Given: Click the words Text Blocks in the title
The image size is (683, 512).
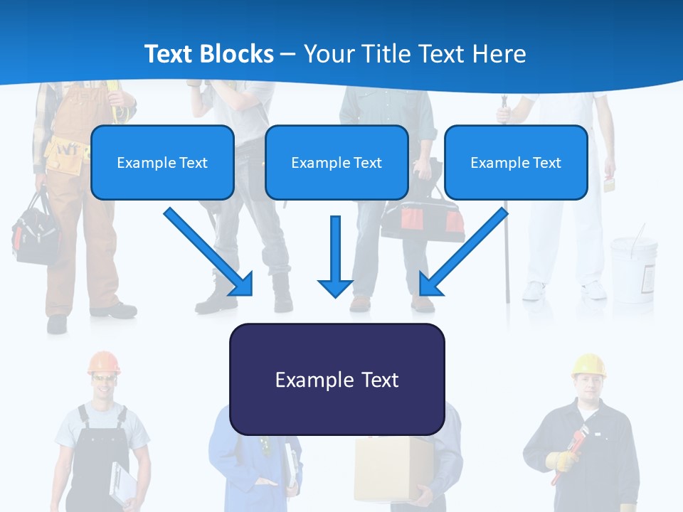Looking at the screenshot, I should (208, 54).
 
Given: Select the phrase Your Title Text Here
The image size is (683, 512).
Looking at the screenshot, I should (415, 54).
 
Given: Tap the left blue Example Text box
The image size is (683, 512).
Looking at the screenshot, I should (162, 163).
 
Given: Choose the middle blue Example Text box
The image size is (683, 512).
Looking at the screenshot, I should (337, 163).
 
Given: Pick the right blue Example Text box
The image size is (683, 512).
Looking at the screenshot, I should (516, 163).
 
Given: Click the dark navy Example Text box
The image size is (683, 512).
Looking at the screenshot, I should (337, 380).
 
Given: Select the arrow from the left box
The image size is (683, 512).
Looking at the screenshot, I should (208, 251).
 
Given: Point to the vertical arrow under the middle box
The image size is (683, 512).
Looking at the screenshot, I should (335, 256).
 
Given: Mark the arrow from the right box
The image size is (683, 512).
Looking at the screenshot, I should (464, 251).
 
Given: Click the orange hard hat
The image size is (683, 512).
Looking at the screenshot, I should (104, 362).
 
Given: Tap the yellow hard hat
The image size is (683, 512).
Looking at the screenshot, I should (588, 365).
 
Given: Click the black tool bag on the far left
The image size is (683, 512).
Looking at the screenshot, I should (36, 231).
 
